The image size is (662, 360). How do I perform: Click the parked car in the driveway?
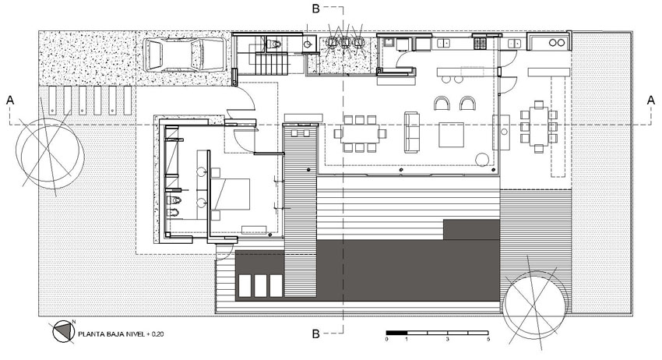click(185, 55)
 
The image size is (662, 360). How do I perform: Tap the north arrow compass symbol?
click(62, 331)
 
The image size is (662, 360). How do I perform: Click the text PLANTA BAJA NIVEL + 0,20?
click(121, 334)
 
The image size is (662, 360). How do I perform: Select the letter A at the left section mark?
click(10, 101)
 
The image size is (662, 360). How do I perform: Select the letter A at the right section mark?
click(651, 101)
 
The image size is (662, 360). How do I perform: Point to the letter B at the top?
click(315, 8)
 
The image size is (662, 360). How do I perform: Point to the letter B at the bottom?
click(315, 334)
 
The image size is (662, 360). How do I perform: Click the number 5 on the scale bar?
click(488, 339)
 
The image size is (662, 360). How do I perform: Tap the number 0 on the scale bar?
click(387, 339)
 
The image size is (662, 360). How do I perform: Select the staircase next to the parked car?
click(270, 63)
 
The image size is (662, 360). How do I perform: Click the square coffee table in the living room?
click(451, 134)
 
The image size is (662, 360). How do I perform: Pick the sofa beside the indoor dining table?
click(412, 132)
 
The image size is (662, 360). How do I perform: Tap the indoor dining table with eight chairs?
click(360, 133)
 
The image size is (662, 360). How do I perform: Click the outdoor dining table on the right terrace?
click(539, 126)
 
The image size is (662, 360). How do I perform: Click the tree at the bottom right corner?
click(535, 302)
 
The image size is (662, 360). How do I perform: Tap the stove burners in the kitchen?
click(479, 43)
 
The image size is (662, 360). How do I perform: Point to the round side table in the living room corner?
click(482, 160)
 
